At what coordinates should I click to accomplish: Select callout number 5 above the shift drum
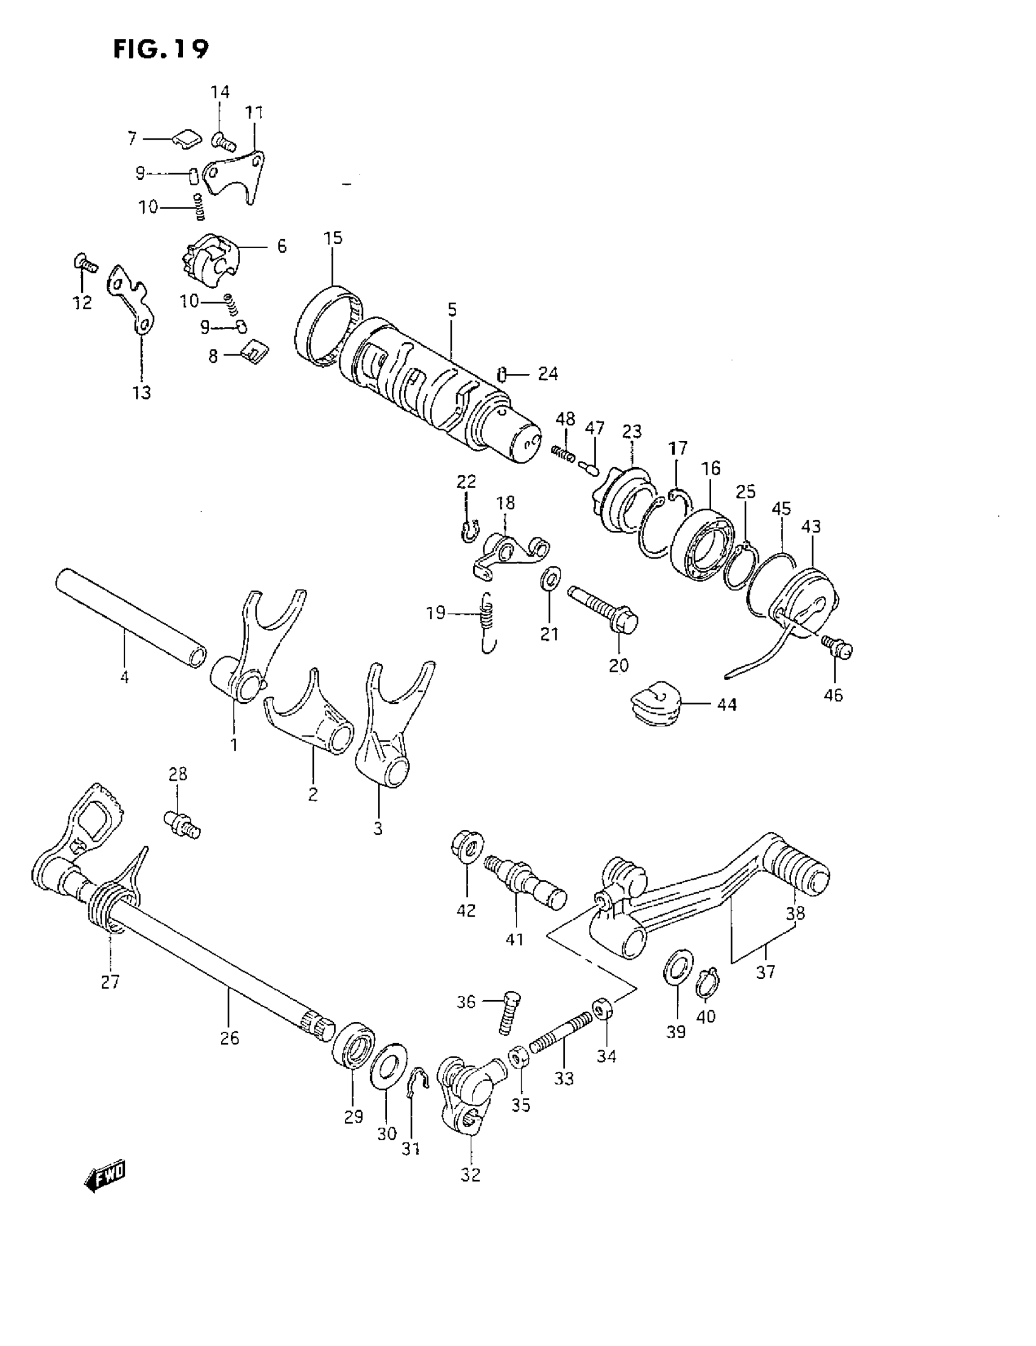(x=452, y=310)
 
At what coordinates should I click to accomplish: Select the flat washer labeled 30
(x=388, y=1066)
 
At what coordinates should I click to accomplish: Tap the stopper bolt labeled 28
(x=182, y=824)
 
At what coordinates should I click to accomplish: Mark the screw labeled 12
(x=85, y=264)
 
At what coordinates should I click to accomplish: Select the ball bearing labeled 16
(x=701, y=544)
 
